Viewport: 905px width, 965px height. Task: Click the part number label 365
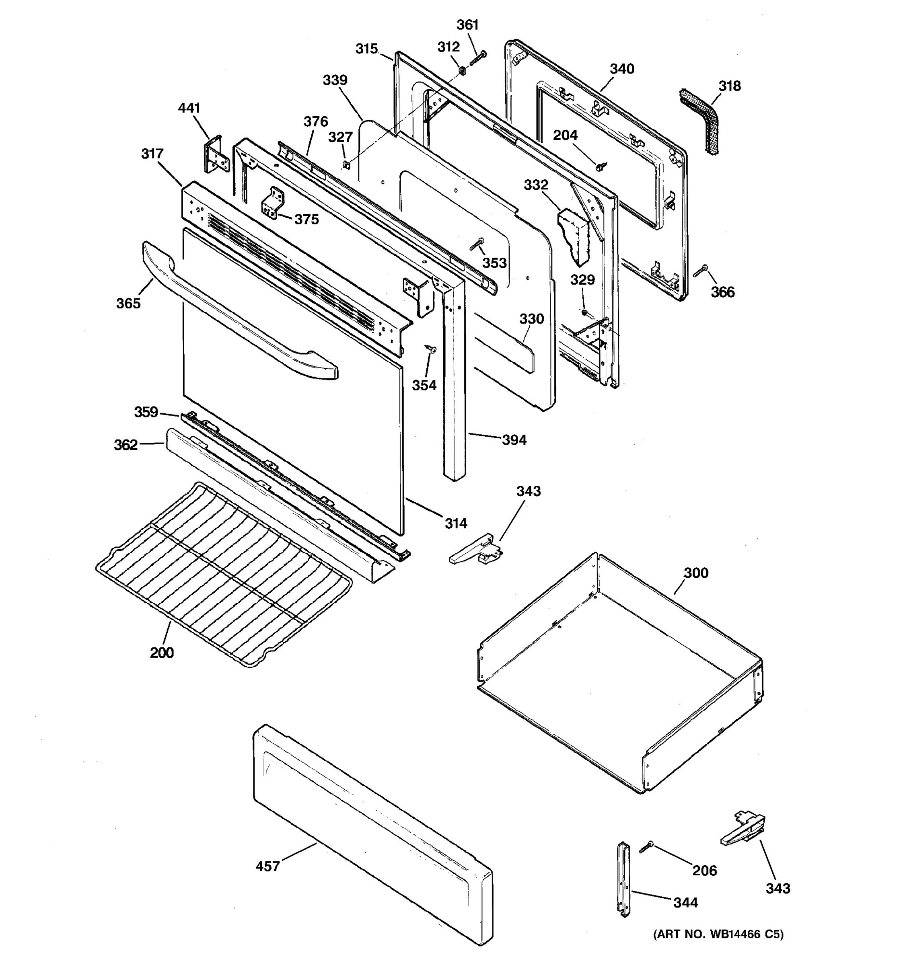point(128,304)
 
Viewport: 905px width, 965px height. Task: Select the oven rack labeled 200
point(223,573)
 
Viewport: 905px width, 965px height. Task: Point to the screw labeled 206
point(646,848)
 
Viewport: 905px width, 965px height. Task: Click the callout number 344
point(685,902)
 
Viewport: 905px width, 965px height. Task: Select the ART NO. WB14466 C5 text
point(718,934)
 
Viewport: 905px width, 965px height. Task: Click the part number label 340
point(622,69)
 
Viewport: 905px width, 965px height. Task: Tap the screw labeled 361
point(477,59)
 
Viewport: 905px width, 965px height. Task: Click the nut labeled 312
point(462,71)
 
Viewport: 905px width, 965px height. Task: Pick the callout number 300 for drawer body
point(696,573)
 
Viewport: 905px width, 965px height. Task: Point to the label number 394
point(514,440)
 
